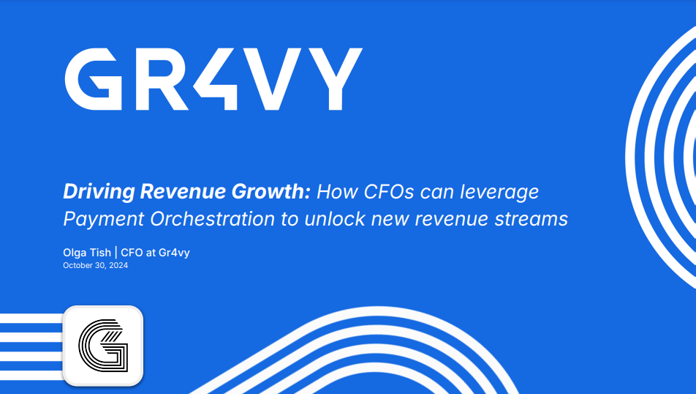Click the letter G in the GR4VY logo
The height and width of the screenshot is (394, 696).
point(93,80)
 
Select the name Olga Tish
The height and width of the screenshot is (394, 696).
point(87,253)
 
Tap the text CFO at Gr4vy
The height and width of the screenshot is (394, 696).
point(156,253)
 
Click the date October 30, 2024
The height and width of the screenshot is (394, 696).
point(95,266)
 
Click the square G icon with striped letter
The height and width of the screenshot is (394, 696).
point(102,345)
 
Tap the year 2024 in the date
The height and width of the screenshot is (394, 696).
point(118,266)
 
